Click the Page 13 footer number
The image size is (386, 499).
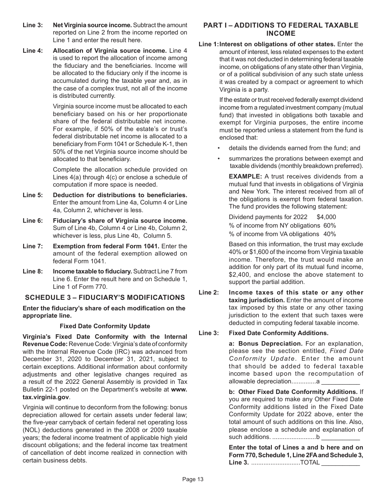193,479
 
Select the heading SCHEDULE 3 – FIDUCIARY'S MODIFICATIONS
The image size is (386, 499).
105,297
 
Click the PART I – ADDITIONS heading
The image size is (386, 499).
281,29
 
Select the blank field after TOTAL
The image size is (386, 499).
340,463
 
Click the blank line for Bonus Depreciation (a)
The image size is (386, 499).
340,381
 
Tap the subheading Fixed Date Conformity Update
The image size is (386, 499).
105,326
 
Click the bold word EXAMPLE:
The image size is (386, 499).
245,176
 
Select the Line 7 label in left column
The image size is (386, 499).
33,246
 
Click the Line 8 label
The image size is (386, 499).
33,271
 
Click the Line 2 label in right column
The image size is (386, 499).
209,293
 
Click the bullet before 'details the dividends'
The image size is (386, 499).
219,148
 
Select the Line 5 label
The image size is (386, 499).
33,195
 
